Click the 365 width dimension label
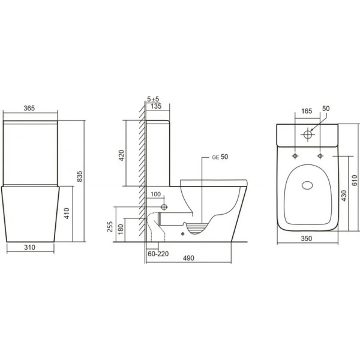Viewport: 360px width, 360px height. click(29, 108)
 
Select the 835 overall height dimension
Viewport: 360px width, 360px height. click(79, 176)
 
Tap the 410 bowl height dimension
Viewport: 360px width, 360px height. click(67, 213)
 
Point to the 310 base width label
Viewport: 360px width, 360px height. click(30, 247)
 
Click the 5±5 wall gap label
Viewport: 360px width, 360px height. click(153, 99)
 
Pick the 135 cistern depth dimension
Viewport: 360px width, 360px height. click(156, 106)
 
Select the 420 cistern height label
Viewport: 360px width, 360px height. click(122, 155)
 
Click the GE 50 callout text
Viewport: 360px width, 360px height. click(220, 157)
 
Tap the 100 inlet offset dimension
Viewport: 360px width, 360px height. click(155, 194)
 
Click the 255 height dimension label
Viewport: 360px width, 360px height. click(110, 227)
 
